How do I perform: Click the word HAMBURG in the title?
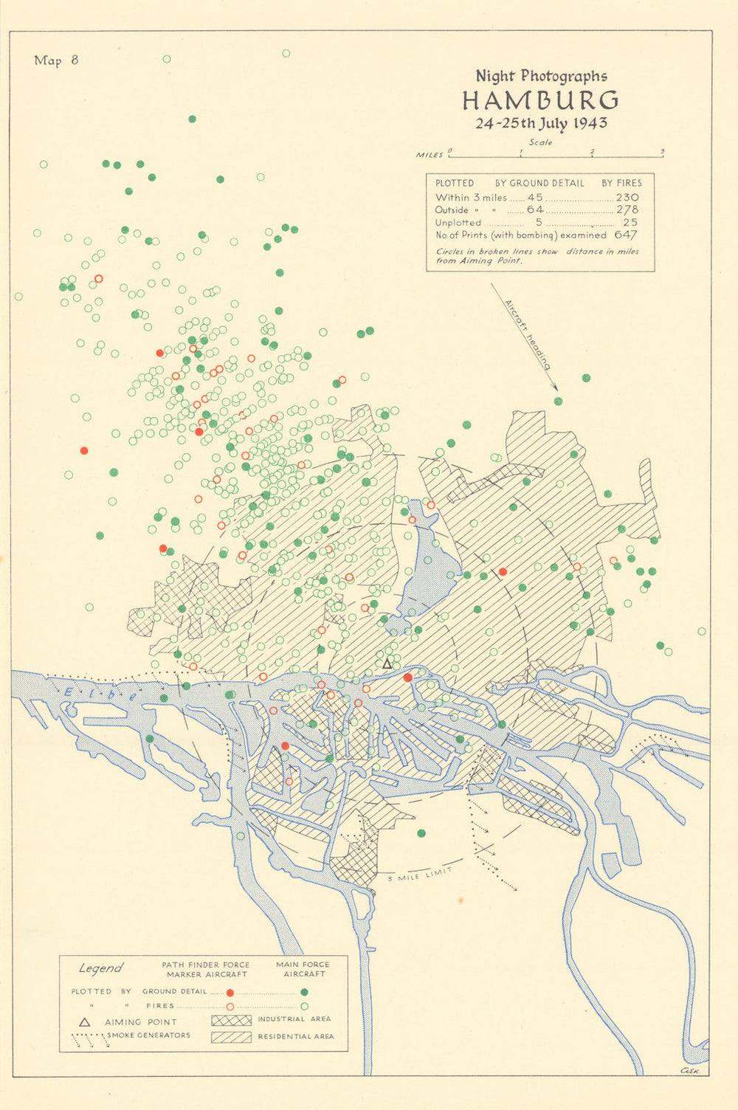(x=540, y=100)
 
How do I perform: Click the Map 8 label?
(x=56, y=61)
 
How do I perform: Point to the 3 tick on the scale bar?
(x=662, y=154)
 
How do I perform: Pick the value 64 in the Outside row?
(x=535, y=210)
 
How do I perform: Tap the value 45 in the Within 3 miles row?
(x=535, y=197)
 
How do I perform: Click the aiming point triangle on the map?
(x=387, y=663)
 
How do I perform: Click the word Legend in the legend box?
(x=100, y=968)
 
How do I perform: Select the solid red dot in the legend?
(x=230, y=993)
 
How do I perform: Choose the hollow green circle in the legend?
(x=304, y=1006)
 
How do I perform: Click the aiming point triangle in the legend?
(x=85, y=1022)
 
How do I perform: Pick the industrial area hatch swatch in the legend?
(x=232, y=1020)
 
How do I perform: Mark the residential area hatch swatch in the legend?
(x=232, y=1037)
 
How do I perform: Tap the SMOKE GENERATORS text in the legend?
(x=148, y=1035)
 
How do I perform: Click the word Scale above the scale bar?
(x=540, y=142)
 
